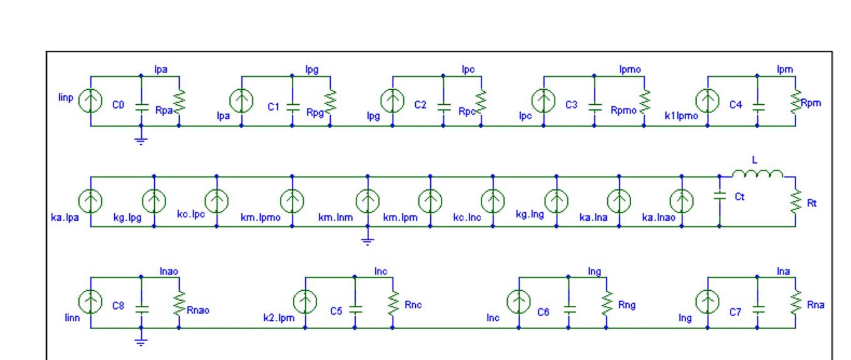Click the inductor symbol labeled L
point(757,174)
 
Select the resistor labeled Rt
point(795,203)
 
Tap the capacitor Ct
point(719,196)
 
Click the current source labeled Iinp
point(90,101)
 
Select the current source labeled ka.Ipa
point(90,201)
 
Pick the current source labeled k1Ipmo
point(707,101)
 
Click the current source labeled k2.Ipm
point(305,302)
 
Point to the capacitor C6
point(568,309)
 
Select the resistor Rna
point(795,303)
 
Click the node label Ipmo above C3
point(630,69)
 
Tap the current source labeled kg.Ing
point(556,201)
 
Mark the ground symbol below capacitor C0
point(141,140)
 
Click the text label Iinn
point(72,318)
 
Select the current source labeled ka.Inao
point(682,201)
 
